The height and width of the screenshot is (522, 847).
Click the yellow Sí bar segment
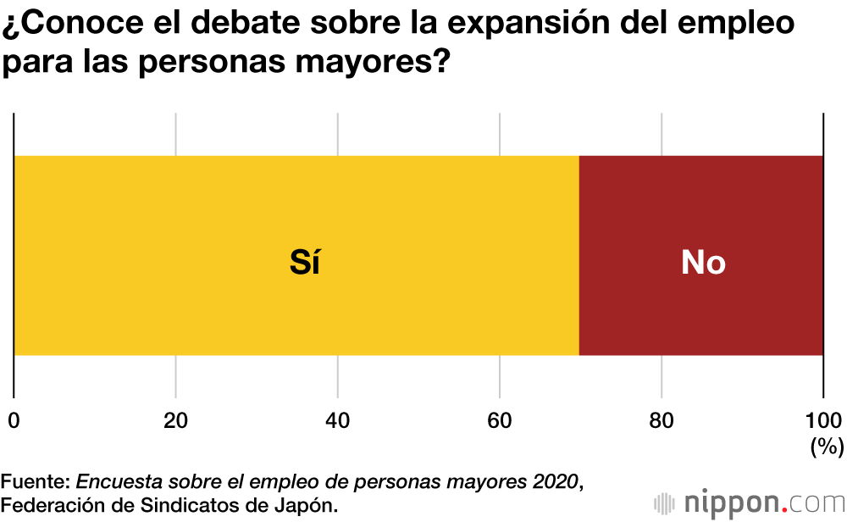point(169,254)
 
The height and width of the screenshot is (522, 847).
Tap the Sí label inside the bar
point(305,264)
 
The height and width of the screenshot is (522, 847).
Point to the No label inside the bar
point(703,264)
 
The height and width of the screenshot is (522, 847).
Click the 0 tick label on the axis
point(14,420)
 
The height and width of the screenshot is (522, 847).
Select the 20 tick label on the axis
point(175,420)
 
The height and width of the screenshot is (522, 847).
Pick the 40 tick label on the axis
point(338,420)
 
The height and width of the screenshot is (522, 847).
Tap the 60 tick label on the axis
point(500,420)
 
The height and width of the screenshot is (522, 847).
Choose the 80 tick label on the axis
point(662,420)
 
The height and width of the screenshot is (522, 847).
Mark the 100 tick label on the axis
point(822,420)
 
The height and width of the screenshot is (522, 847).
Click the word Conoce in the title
point(77,25)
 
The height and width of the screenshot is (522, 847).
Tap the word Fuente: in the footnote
point(36,482)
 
